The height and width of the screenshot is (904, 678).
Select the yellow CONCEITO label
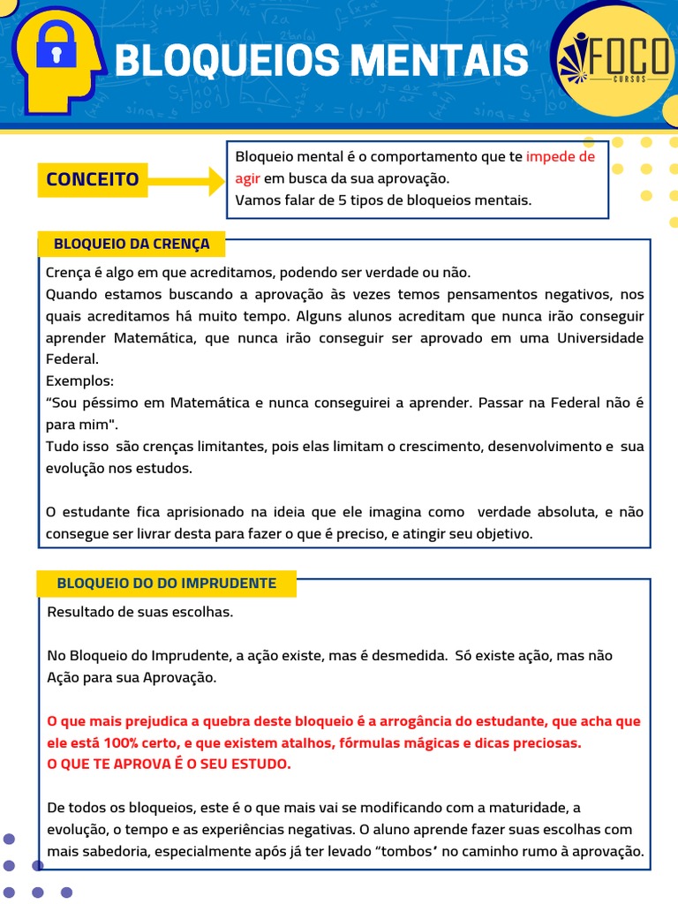pyautogui.click(x=93, y=179)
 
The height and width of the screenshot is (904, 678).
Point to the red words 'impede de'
pyautogui.click(x=561, y=157)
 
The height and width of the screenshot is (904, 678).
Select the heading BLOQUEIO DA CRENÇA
pyautogui.click(x=132, y=244)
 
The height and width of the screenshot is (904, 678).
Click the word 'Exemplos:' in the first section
pyautogui.click(x=79, y=381)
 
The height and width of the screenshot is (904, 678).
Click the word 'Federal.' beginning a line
pyautogui.click(x=72, y=359)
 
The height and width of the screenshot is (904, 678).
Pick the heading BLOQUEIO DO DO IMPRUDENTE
pyautogui.click(x=166, y=584)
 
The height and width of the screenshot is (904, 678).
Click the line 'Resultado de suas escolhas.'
pyautogui.click(x=139, y=612)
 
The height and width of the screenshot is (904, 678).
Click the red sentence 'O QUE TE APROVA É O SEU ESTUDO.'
pyautogui.click(x=168, y=764)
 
